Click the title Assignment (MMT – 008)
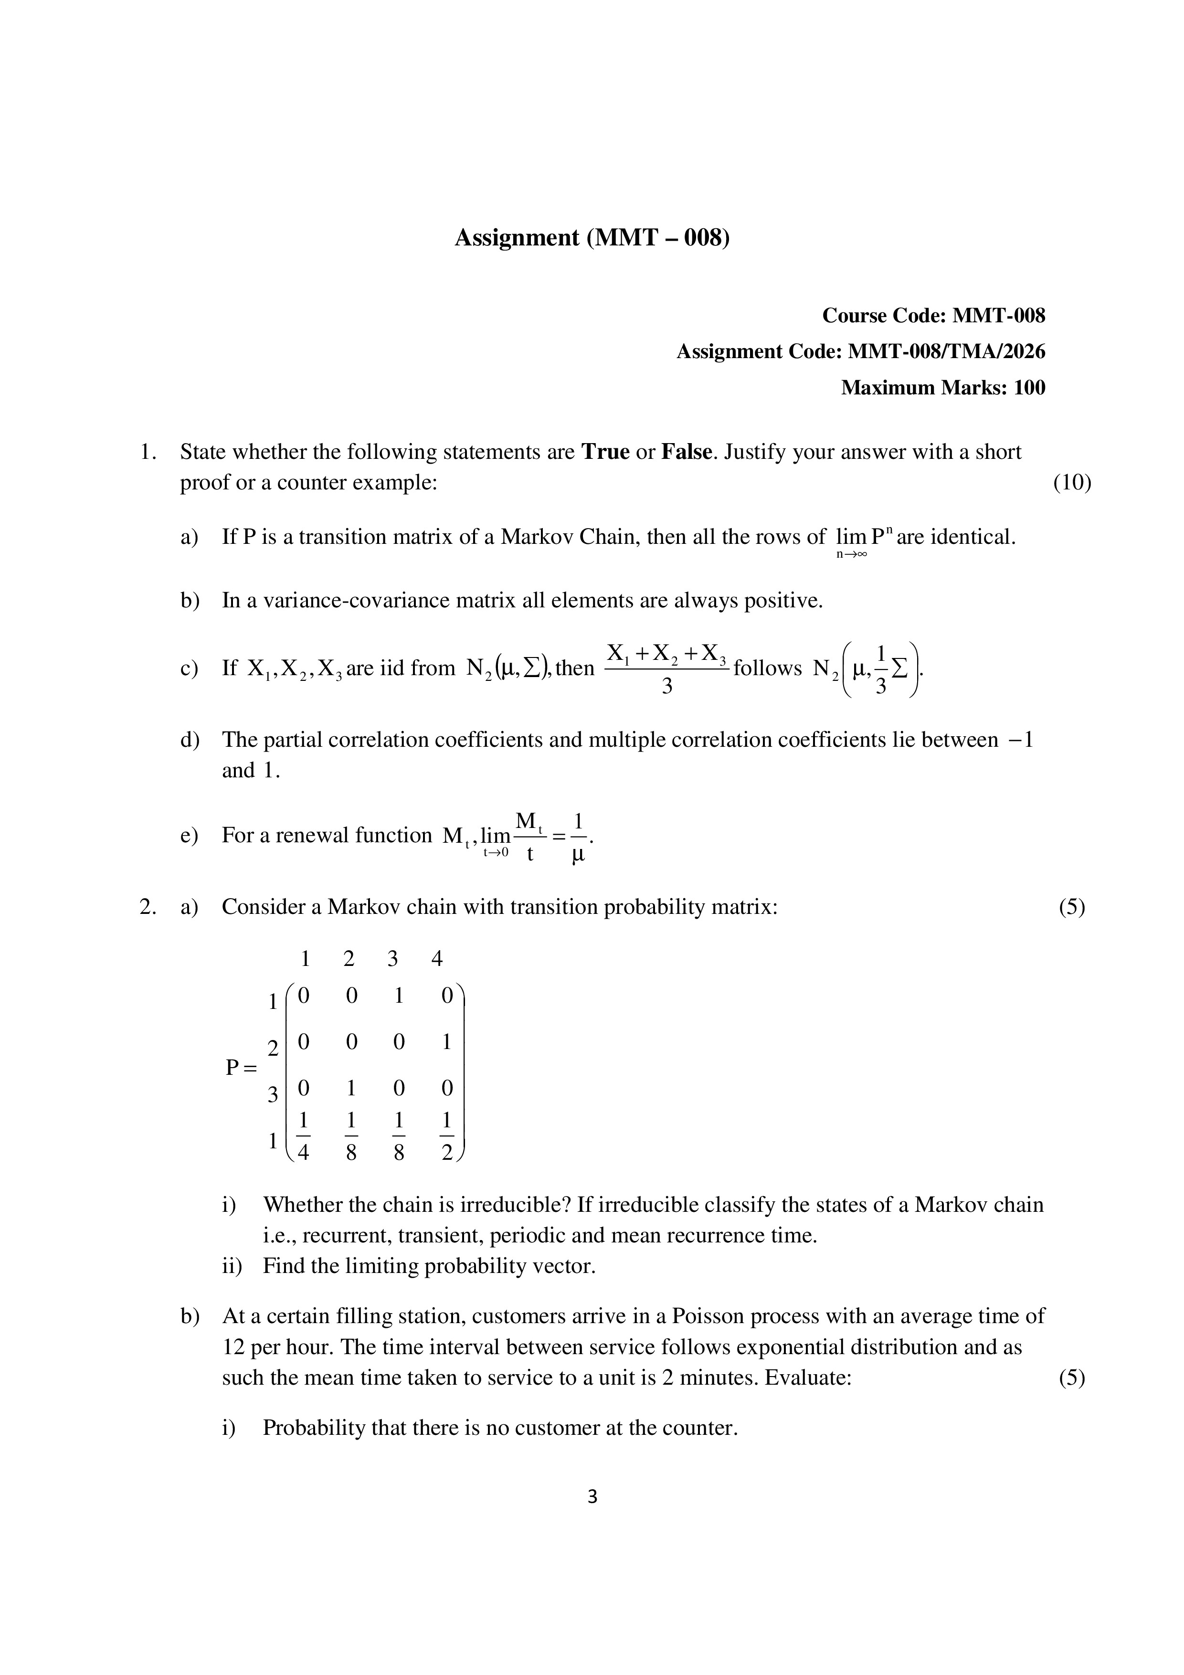tap(592, 238)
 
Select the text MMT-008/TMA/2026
tap(945, 351)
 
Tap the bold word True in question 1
tap(605, 452)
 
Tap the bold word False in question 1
tap(686, 452)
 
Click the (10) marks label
tap(1072, 483)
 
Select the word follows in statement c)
tap(767, 668)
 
